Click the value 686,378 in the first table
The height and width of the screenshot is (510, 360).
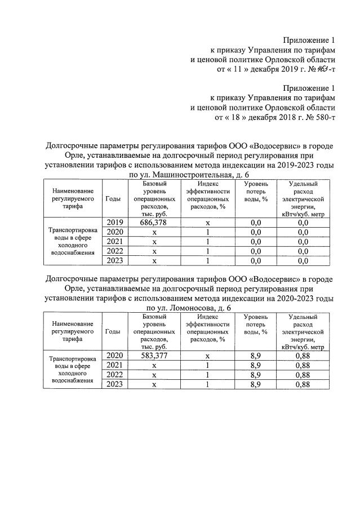[x=153, y=223]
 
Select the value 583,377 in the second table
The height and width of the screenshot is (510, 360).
[x=153, y=356]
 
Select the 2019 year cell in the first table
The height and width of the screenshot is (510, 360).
[x=114, y=223]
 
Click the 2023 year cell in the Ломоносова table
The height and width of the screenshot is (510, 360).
[x=114, y=384]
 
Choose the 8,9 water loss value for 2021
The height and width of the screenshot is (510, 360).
[x=256, y=365]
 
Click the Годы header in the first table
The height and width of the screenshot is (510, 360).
[x=113, y=199]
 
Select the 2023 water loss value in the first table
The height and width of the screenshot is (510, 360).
[x=256, y=261]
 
